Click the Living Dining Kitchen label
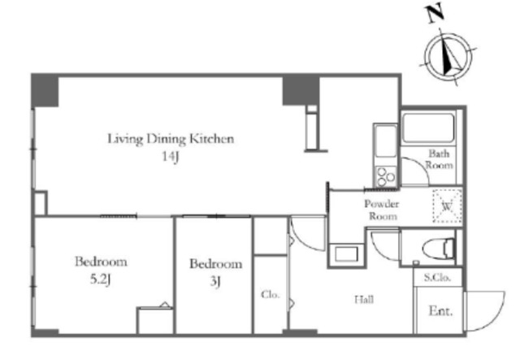(x=171, y=139)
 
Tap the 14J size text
(x=171, y=156)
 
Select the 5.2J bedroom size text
(x=100, y=280)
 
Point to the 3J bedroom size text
(x=215, y=282)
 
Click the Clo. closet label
(x=271, y=294)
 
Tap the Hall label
(x=364, y=300)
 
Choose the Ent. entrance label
(x=440, y=311)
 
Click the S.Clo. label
(x=437, y=277)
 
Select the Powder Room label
(x=382, y=210)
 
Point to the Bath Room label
(x=439, y=159)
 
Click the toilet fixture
(x=439, y=248)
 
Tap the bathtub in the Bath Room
(x=428, y=128)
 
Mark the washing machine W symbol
(x=448, y=206)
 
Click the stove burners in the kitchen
(x=386, y=176)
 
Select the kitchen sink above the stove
(x=386, y=141)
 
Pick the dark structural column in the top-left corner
(x=45, y=90)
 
